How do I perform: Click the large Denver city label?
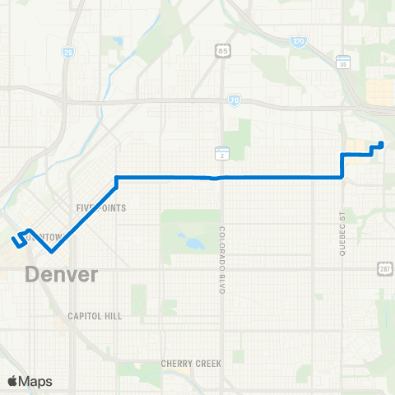[62, 273]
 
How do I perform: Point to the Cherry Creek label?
[192, 363]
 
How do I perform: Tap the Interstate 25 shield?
[67, 52]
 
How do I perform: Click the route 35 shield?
[344, 62]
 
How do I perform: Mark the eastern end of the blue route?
[380, 144]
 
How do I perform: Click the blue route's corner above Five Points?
[117, 177]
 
